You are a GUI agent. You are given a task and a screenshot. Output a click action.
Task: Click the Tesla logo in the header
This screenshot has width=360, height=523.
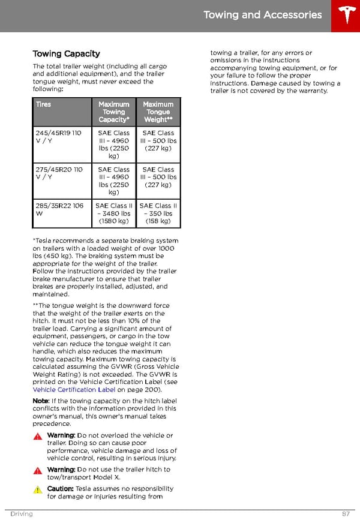coord(347,16)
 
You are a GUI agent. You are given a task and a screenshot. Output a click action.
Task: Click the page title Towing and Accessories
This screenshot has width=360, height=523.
coord(263,15)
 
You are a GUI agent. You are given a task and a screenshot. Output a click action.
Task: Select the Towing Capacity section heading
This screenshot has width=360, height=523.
coord(66,54)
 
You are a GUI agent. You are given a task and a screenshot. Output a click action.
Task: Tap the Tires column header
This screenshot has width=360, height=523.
coord(43,104)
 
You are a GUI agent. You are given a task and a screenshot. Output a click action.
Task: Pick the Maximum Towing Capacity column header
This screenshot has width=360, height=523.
coord(113,112)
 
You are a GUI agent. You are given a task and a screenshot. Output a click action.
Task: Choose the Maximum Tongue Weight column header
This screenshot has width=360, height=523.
coord(158,112)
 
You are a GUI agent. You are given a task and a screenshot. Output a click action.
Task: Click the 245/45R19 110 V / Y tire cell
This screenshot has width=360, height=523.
coord(58,137)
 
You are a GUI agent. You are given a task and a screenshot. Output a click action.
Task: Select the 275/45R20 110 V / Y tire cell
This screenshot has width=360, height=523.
coord(58,173)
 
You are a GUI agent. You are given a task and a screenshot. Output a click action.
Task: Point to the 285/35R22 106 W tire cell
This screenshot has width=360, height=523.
coord(59,209)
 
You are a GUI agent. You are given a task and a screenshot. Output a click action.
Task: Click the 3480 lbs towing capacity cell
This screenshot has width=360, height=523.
coord(113,214)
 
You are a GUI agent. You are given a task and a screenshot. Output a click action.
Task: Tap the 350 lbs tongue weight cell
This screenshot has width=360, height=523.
coord(158,214)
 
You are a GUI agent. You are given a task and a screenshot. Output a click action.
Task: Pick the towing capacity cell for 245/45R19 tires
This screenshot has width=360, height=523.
coord(113,145)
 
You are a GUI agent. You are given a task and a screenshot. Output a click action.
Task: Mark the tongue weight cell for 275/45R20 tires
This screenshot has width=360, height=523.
coord(158,177)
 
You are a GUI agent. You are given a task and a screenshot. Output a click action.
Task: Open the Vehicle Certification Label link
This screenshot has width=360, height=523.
coord(74,390)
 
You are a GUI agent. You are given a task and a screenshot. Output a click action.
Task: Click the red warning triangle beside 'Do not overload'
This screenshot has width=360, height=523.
coord(38,437)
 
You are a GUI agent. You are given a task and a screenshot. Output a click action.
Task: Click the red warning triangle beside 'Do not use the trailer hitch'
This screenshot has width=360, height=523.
coord(38,471)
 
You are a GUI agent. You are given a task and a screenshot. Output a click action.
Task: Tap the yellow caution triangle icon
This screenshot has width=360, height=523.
coord(38,490)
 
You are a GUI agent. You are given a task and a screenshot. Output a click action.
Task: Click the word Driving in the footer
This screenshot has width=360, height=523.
coord(21,514)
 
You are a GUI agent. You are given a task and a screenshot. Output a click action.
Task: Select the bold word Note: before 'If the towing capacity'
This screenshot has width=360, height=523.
coord(41,401)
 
